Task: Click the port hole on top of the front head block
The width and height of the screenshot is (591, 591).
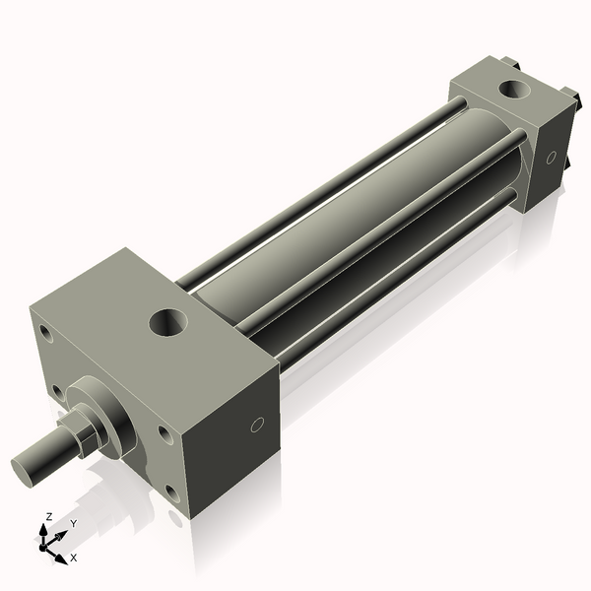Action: click(168, 323)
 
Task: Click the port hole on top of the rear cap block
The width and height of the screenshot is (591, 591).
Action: click(514, 90)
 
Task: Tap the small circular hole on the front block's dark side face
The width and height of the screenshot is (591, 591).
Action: click(257, 425)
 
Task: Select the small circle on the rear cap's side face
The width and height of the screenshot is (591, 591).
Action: click(551, 158)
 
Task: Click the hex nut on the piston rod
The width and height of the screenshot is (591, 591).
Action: click(85, 429)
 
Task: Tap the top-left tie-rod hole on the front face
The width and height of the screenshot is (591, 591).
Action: click(47, 333)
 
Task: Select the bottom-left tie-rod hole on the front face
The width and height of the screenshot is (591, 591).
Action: click(57, 392)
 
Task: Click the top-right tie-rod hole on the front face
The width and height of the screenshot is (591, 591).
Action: click(164, 434)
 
